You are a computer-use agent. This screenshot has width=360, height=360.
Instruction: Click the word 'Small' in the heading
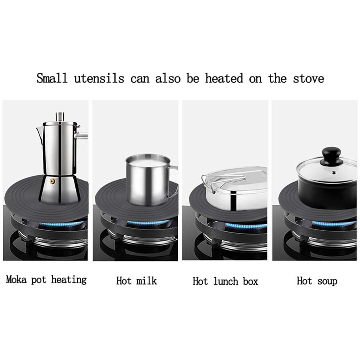tap(52, 78)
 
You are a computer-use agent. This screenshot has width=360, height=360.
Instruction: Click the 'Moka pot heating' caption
tap(46, 280)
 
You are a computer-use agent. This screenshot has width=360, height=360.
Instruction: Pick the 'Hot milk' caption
tap(137, 281)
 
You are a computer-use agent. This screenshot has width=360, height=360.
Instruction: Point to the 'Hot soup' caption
tap(317, 281)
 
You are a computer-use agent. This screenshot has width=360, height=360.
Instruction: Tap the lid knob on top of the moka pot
tap(60, 116)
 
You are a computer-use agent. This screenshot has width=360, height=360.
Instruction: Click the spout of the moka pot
tap(39, 133)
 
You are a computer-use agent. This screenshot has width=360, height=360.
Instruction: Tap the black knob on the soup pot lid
tap(332, 154)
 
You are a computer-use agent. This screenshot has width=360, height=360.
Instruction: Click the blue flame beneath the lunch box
tap(244, 226)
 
